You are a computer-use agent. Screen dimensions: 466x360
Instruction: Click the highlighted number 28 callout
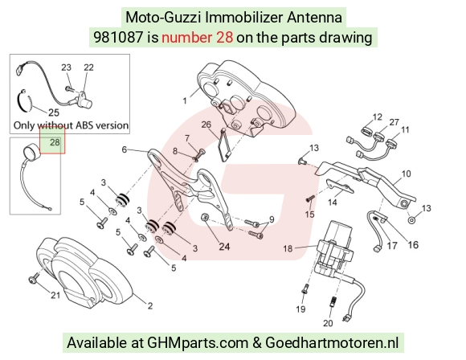pos(55,142)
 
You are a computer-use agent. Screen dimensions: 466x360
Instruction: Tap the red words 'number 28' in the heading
pos(197,38)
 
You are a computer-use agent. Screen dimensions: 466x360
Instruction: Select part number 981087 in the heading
pos(118,38)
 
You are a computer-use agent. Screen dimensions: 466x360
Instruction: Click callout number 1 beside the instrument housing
pos(185,101)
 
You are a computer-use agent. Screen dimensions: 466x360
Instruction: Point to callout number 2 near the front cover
pos(150,305)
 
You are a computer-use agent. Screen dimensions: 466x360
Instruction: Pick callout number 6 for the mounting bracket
pos(125,149)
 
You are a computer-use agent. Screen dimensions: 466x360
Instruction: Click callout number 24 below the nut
pos(224,247)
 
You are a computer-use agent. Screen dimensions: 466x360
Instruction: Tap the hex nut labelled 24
pos(204,217)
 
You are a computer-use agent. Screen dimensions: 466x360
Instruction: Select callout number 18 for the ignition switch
pos(288,248)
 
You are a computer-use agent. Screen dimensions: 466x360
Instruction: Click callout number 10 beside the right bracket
pos(406,174)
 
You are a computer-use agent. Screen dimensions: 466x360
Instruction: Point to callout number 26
pos(206,125)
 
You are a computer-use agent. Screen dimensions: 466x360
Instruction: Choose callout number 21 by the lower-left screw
pos(55,295)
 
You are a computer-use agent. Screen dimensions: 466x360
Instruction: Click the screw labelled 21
pos(33,279)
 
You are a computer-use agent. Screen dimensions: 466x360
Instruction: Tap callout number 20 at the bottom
pos(328,323)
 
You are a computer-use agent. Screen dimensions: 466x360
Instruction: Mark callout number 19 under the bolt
pos(300,309)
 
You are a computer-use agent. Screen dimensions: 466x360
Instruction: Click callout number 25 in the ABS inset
pos(54,112)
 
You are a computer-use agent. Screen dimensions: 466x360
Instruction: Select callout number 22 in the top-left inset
pos(88,67)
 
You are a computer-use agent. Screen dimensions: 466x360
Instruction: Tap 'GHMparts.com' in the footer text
pos(198,343)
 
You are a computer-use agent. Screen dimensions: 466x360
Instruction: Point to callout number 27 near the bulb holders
pos(394,122)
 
